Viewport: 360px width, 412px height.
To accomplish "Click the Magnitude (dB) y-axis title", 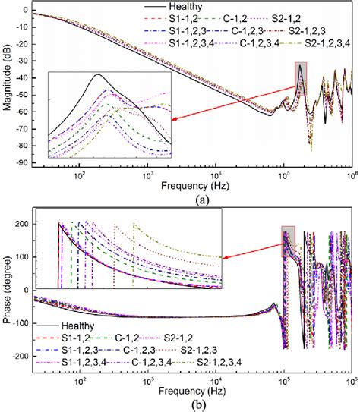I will [x=7, y=83].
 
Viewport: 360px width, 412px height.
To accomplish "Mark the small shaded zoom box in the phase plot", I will [x=287, y=236].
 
